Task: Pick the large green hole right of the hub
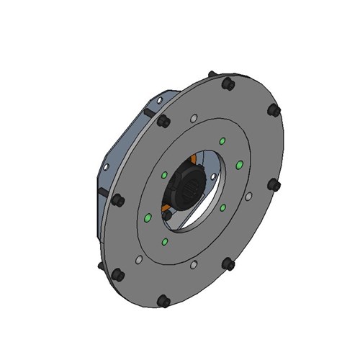pyautogui.click(x=240, y=165)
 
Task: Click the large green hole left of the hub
pyautogui.click(x=148, y=217)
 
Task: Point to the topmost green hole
pyautogui.click(x=222, y=140)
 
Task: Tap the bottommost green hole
pyautogui.click(x=165, y=242)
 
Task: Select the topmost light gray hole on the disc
pyautogui.click(x=193, y=119)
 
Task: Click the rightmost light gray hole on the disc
pyautogui.click(x=248, y=196)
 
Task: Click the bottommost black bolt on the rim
pyautogui.click(x=164, y=300)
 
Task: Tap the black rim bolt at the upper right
pyautogui.click(x=274, y=111)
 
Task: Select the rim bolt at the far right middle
pyautogui.click(x=274, y=185)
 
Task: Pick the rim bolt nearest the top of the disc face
pyautogui.click(x=228, y=84)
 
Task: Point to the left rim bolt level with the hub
pyautogui.click(x=118, y=199)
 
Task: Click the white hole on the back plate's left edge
pyautogui.click(x=106, y=167)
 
